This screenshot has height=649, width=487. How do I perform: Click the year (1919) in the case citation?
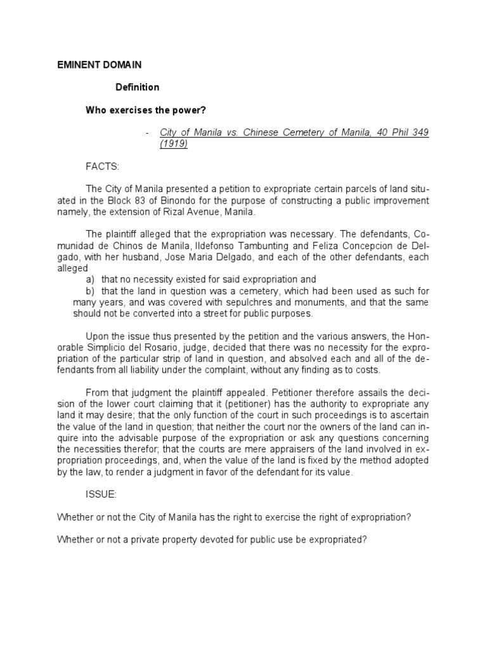pyautogui.click(x=174, y=143)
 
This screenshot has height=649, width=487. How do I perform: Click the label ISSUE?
pyautogui.click(x=101, y=494)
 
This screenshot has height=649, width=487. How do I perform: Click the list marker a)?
pyautogui.click(x=91, y=280)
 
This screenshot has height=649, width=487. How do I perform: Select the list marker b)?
pyautogui.click(x=91, y=291)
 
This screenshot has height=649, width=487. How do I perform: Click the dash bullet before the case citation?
pyautogui.click(x=147, y=132)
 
